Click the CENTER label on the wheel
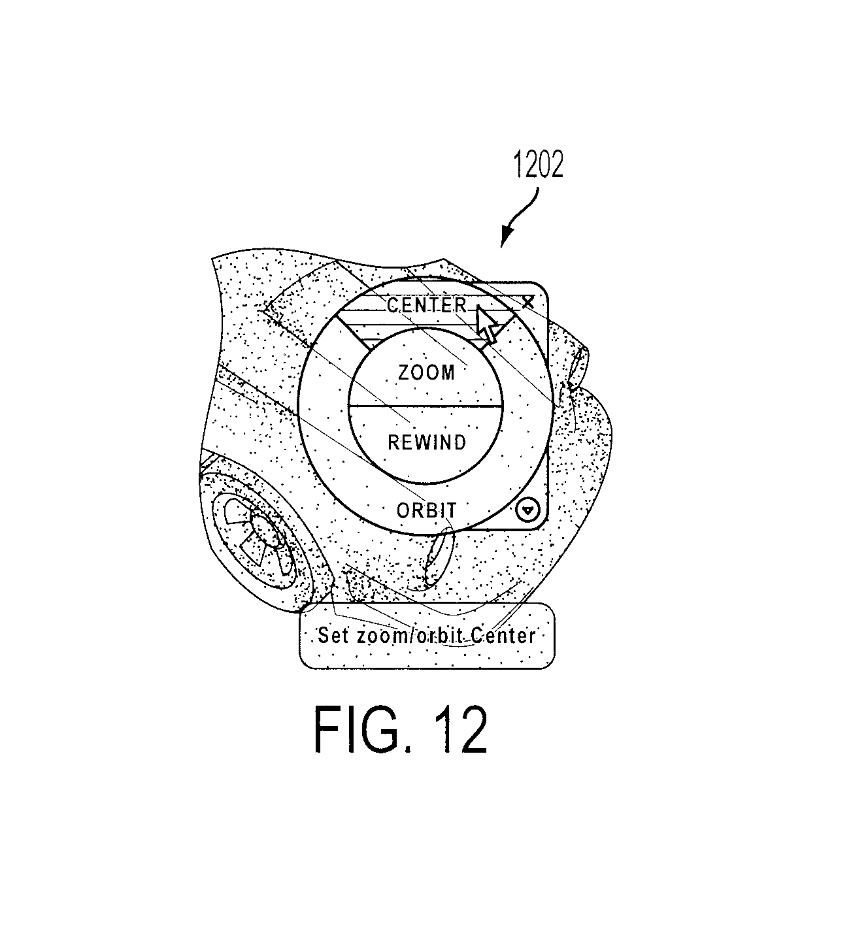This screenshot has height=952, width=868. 426,304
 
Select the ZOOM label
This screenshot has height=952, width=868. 426,372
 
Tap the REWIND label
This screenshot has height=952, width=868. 427,442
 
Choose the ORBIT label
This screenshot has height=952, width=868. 426,511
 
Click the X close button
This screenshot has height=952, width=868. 528,302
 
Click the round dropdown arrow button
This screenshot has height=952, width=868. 527,510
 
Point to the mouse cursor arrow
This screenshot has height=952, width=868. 486,324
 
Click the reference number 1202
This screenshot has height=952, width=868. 539,165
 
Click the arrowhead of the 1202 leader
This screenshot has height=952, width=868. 506,237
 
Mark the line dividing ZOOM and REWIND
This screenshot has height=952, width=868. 426,406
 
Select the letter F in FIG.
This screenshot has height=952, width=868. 328,729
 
